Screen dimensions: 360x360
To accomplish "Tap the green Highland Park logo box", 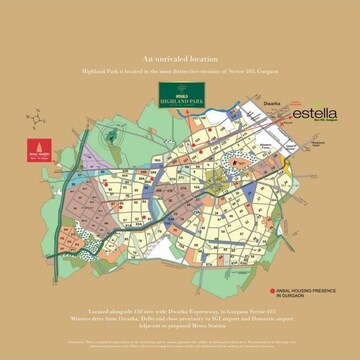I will pyautogui.click(x=181, y=96).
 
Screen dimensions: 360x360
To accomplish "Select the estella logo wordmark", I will pyautogui.click(x=313, y=114).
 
